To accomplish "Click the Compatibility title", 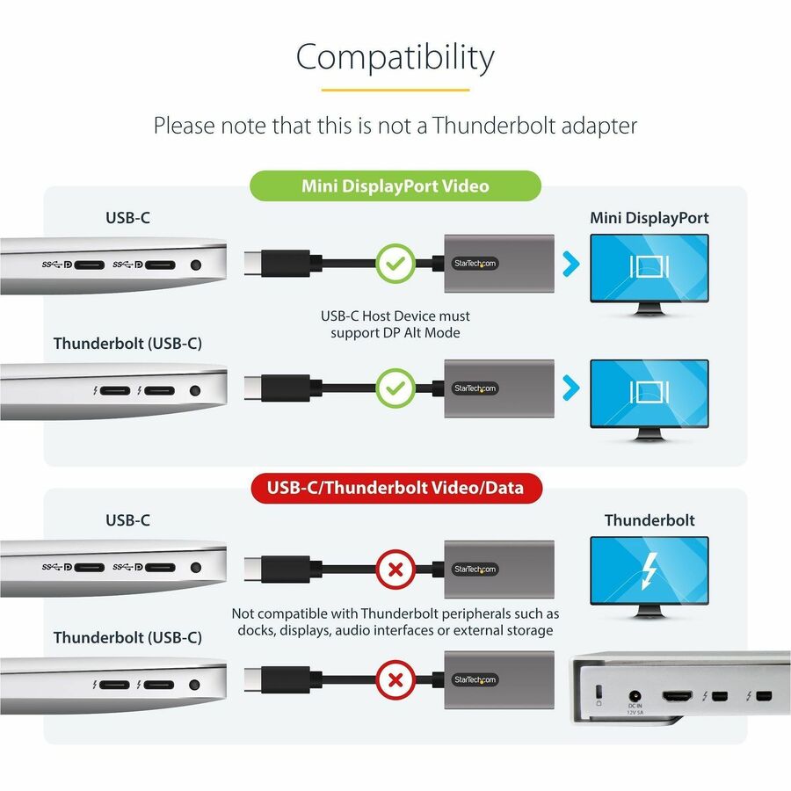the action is pos(395,57).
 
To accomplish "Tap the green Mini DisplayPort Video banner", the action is pos(395,185).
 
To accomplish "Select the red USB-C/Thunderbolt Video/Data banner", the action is pos(396,488).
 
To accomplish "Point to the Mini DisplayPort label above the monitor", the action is pos(649,218).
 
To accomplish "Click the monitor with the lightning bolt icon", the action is pos(649,577).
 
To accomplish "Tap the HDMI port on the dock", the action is pos(678,697).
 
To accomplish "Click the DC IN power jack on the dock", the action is pos(635,696).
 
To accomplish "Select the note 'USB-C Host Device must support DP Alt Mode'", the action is pos(395,324).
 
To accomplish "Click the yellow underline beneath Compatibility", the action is pos(395,91).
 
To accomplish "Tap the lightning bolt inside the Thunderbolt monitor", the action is pos(649,571).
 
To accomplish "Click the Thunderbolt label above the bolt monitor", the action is pos(649,520).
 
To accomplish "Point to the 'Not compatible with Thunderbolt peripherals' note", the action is pos(395,622).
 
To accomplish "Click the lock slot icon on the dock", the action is pos(599,695).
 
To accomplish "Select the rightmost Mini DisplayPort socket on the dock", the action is pos(765,697).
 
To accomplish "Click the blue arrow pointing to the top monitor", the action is pos(571,264).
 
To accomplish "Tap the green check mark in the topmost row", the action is pos(395,264).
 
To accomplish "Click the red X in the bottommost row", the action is pos(396,680).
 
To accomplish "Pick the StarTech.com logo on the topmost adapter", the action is pos(475,264).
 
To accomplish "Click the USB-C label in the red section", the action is pos(127,520).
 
